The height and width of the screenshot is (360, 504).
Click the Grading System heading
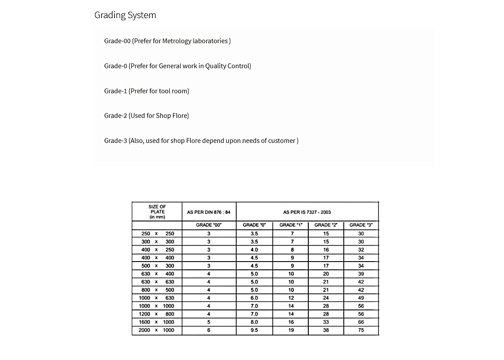[125, 15]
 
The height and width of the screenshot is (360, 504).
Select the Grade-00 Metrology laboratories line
[167, 41]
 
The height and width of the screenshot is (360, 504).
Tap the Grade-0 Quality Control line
[178, 66]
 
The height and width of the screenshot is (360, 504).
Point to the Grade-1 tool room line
[146, 91]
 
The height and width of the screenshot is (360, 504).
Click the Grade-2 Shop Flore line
[146, 116]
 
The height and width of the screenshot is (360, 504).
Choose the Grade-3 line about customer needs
[201, 141]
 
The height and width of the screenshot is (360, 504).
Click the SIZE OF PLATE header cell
[157, 212]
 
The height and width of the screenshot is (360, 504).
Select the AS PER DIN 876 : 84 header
[209, 212]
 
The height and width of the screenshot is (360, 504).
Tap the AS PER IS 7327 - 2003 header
[307, 212]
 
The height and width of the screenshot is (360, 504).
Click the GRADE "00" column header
[209, 225]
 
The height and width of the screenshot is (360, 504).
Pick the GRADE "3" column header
[361, 225]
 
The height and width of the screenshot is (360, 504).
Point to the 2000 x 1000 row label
[157, 330]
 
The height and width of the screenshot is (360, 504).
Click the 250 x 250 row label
[157, 234]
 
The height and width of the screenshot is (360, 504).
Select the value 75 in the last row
[361, 330]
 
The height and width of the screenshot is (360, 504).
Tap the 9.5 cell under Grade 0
[254, 330]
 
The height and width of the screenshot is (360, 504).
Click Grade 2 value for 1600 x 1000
[326, 322]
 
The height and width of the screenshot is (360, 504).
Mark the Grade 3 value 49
[361, 298]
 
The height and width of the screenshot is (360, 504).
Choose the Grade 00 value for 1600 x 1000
[209, 322]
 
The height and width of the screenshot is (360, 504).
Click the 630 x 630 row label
[157, 282]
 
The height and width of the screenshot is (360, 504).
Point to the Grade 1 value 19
[291, 330]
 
